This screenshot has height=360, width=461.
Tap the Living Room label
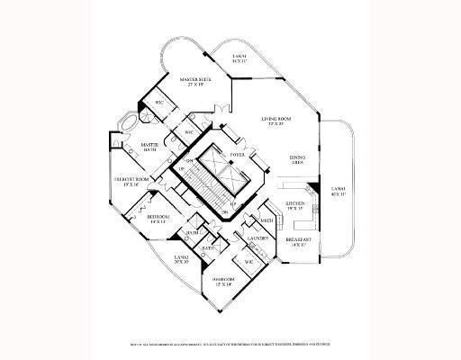[277, 121]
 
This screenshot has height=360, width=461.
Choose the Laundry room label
[256, 239]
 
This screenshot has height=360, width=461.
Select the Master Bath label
[149, 147]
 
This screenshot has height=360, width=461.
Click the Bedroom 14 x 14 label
[158, 219]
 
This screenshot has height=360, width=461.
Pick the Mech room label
[267, 220]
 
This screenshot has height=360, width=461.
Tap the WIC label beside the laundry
[249, 262]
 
